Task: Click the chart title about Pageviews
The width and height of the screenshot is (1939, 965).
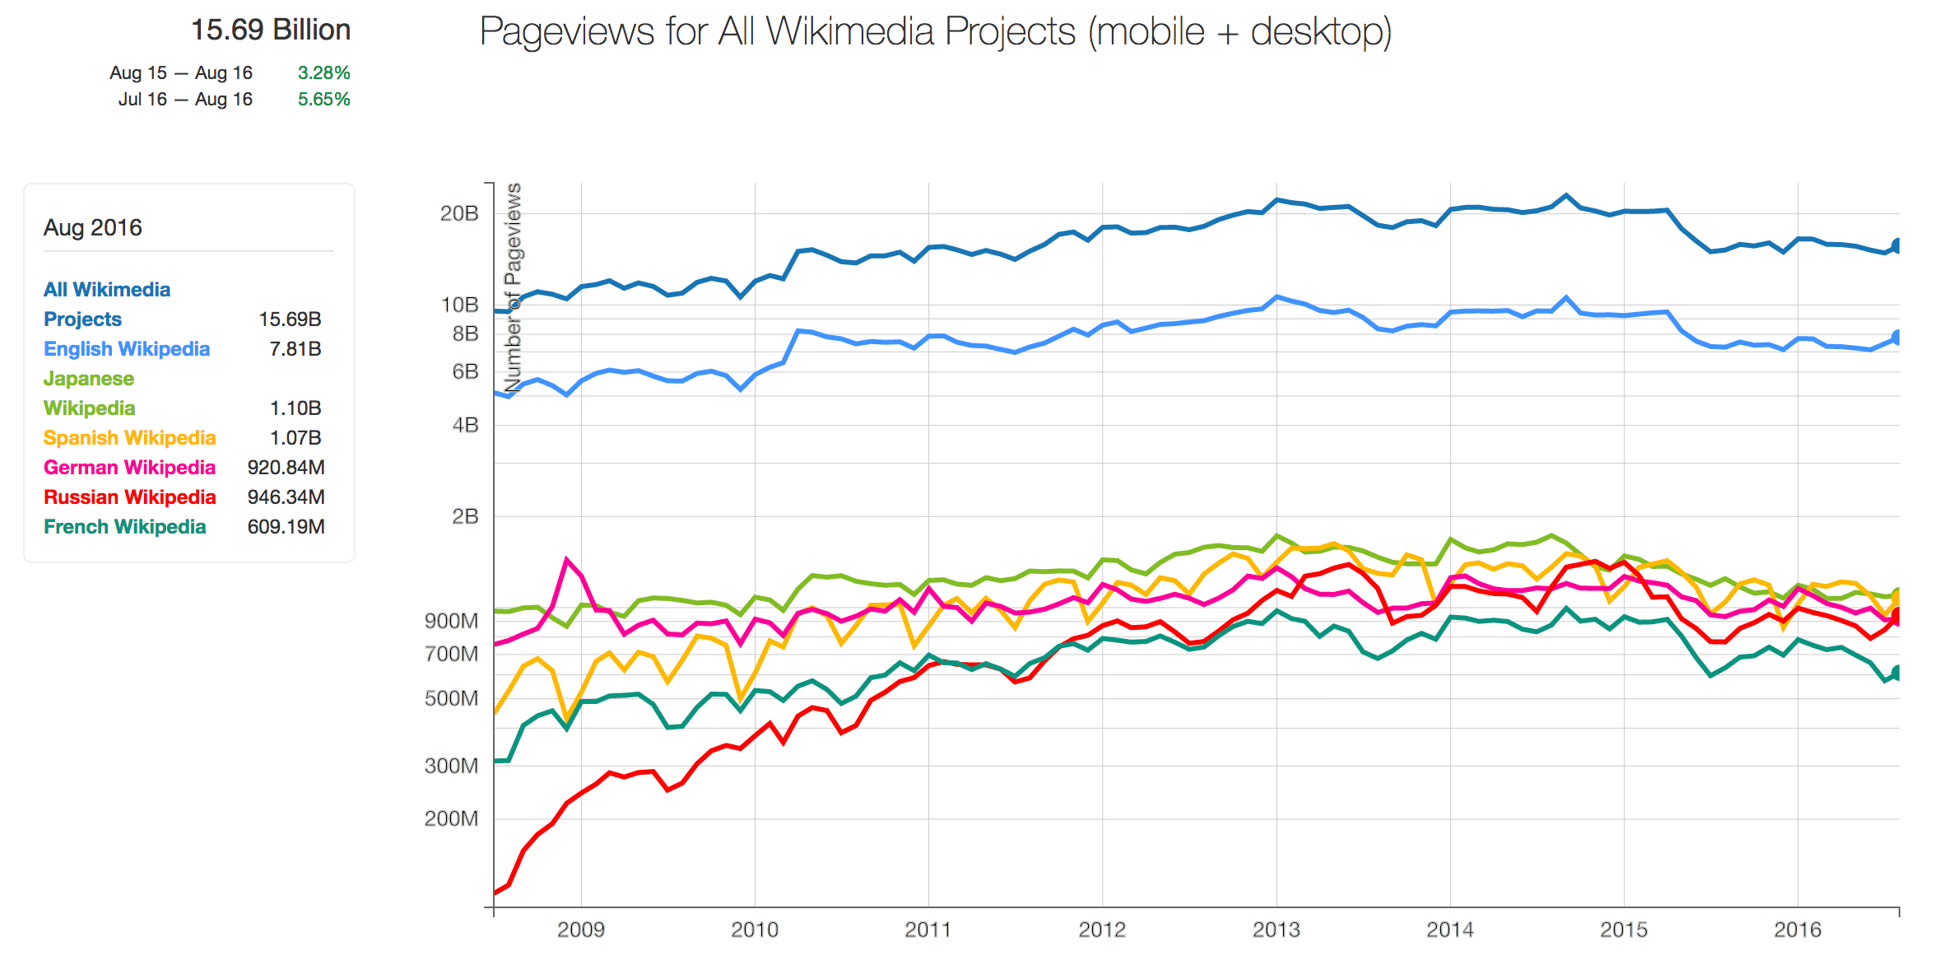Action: click(935, 33)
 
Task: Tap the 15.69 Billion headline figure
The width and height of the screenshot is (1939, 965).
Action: click(271, 30)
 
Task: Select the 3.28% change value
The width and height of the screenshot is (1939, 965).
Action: click(324, 73)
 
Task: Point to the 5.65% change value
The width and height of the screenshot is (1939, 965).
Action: click(324, 100)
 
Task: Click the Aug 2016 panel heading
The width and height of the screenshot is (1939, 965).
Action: click(93, 227)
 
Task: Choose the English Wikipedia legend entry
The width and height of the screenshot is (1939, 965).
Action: click(127, 349)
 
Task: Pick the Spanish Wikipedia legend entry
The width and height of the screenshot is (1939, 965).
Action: click(130, 438)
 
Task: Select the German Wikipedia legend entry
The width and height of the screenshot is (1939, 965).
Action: click(130, 468)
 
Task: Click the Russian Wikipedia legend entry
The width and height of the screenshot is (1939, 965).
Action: click(130, 497)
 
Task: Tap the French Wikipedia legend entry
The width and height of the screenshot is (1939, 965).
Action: click(125, 527)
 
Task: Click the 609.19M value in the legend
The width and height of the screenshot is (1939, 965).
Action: click(286, 527)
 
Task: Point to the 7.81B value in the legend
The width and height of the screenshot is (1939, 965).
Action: click(295, 349)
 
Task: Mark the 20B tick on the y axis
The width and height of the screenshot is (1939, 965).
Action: click(459, 214)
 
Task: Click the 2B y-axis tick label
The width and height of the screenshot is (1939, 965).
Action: click(465, 516)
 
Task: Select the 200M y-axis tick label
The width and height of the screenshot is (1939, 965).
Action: click(451, 818)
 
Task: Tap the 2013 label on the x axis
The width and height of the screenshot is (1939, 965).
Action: click(1276, 930)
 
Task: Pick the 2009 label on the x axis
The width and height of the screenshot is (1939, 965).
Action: click(581, 930)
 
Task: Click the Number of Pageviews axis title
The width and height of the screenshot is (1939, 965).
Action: click(513, 288)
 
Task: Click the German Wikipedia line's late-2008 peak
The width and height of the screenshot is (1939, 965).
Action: click(567, 559)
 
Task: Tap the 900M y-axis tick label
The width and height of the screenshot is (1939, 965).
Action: click(451, 621)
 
